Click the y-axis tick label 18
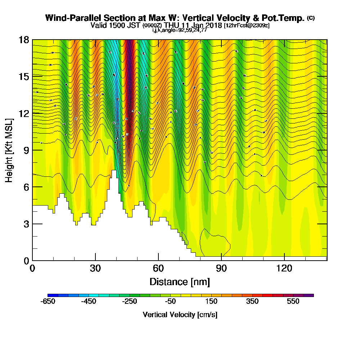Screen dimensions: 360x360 [24, 40]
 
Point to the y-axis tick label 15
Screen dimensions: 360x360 [24, 76]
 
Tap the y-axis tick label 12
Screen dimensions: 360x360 [24, 113]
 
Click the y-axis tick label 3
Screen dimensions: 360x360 [26, 224]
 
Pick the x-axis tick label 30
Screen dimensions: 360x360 [95, 268]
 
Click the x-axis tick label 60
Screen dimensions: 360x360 [158, 268]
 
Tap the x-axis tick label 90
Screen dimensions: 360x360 [221, 268]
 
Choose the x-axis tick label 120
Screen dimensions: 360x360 [284, 268]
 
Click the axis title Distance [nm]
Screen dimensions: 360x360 [180, 281]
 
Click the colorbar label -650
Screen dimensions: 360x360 [49, 302]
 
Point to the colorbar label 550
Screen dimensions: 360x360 [293, 302]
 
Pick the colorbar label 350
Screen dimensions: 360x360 [252, 302]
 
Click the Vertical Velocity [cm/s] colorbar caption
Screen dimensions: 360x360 [180, 315]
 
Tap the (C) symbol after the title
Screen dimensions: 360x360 [310, 18]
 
